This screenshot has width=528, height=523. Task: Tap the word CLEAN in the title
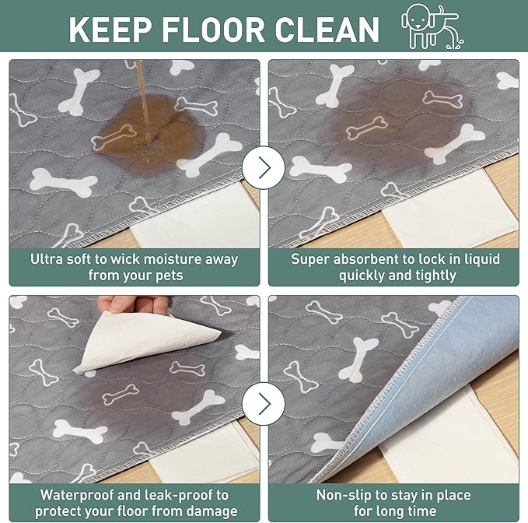coord(327,29)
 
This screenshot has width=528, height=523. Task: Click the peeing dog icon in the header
coord(432,26)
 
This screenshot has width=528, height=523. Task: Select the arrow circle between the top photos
coord(264,167)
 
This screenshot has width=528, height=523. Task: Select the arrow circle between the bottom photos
coord(264,403)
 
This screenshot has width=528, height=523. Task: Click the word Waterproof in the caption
coord(77,495)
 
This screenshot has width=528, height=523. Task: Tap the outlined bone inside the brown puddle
coord(114,137)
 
